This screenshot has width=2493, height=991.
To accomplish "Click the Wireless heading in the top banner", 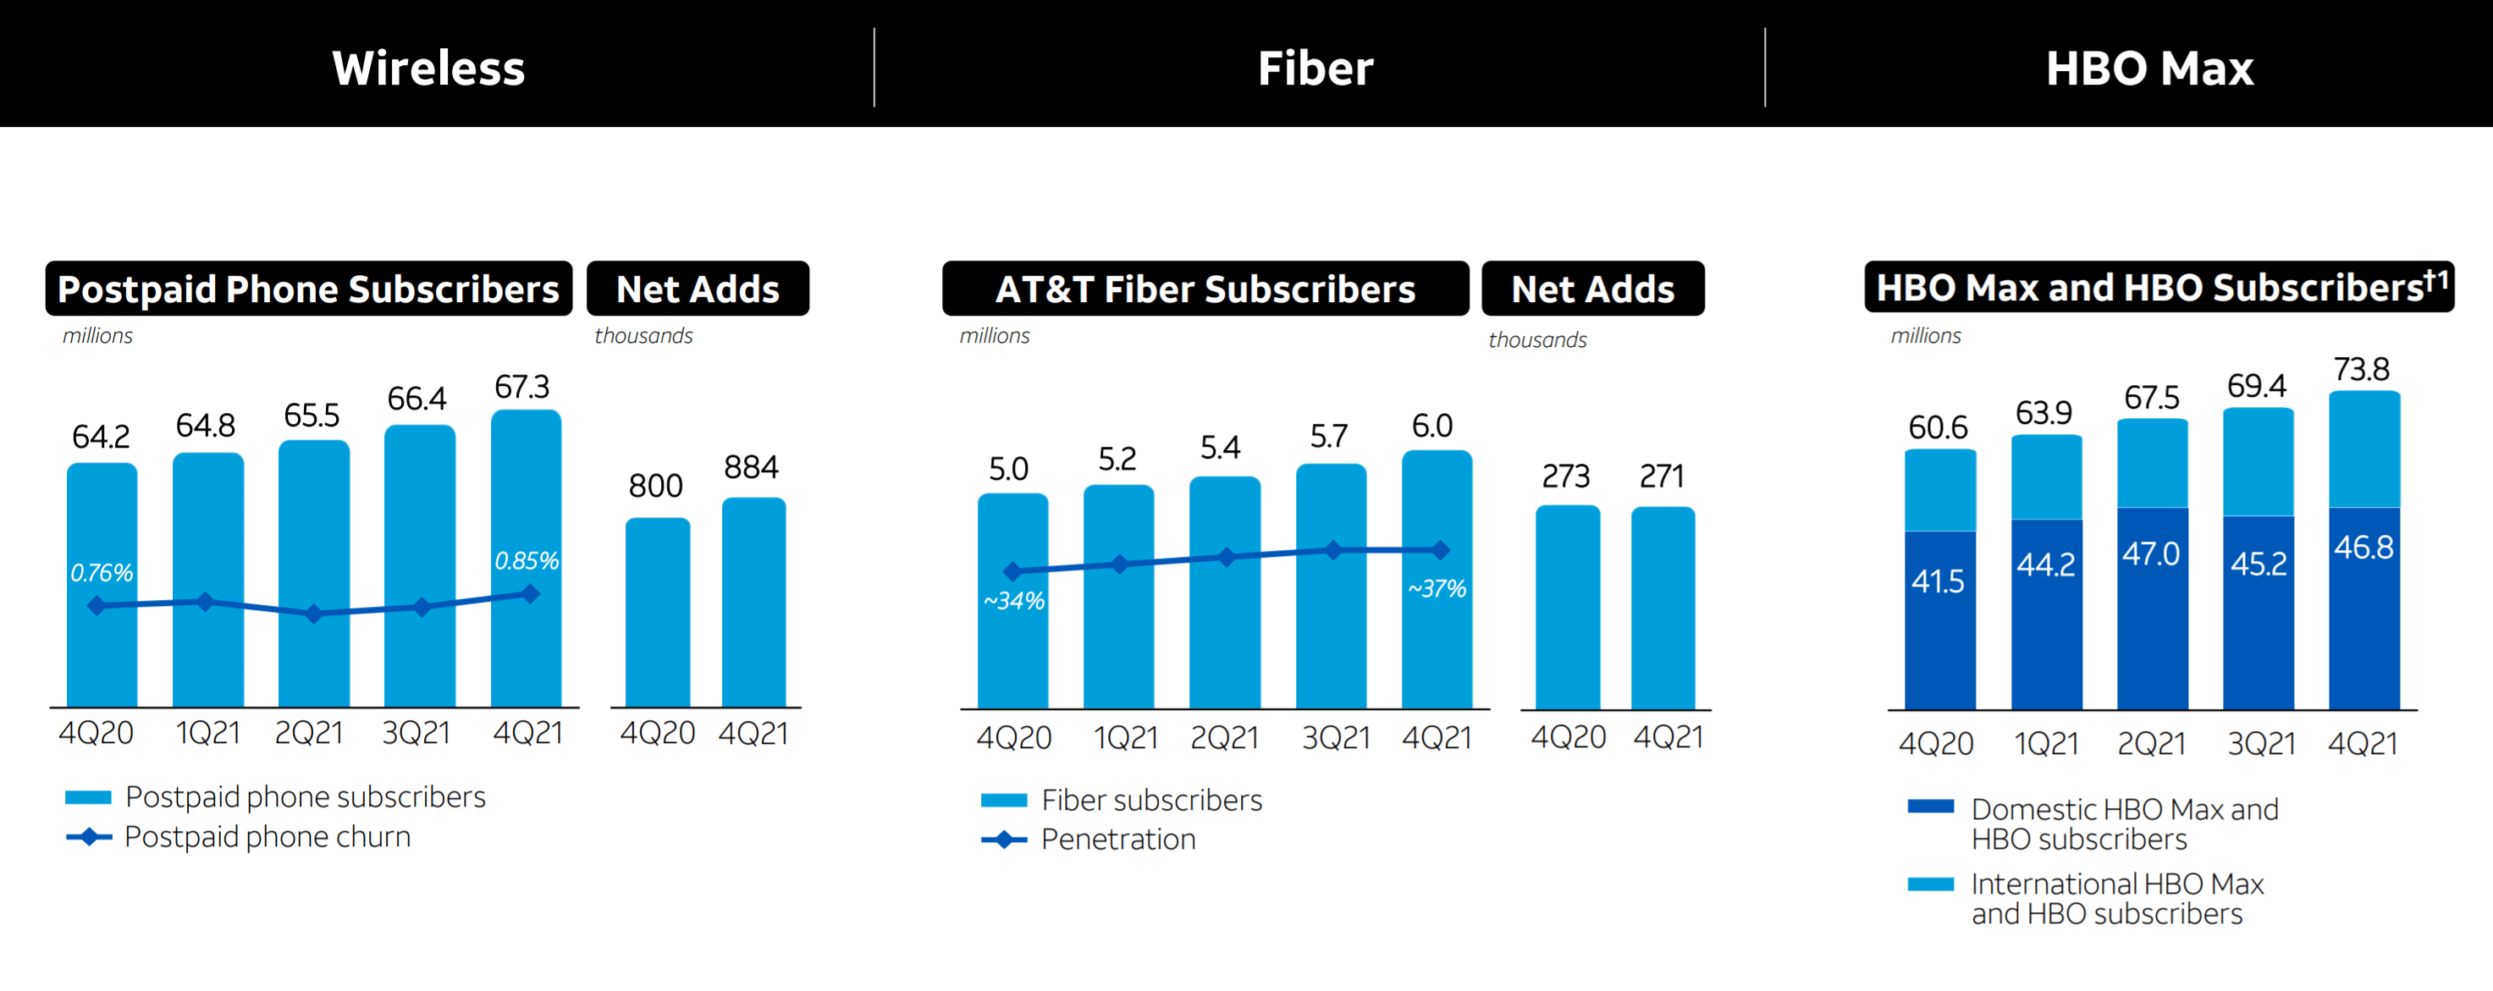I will coord(427,68).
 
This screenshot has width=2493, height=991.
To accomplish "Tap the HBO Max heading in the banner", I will coord(2148,68).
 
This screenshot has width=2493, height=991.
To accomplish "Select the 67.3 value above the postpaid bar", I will coord(521,387).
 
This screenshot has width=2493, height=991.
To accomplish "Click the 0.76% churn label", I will coord(102,572).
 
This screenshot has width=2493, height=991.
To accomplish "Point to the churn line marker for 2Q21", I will coord(312,614).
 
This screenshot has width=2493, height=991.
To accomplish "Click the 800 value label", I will coord(655,485).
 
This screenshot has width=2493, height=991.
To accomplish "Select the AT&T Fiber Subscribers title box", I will coord(1205,289).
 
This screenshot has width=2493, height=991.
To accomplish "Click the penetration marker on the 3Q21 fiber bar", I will coord(1332,550).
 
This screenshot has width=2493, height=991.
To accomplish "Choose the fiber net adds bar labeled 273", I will coord(1567,605).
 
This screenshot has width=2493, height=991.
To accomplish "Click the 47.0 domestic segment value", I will coord(2150,553).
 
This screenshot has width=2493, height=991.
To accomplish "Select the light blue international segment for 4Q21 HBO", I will coord(2363,450).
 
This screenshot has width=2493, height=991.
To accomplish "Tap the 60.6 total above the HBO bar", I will coord(1938,427).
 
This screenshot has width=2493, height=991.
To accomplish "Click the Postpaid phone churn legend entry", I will coord(268,837).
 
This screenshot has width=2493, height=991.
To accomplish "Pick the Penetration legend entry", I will coord(1117,839).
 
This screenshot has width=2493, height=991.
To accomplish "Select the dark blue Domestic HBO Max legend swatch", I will coord(1930,807).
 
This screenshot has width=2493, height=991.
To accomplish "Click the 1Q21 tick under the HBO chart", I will coord(2045,743).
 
